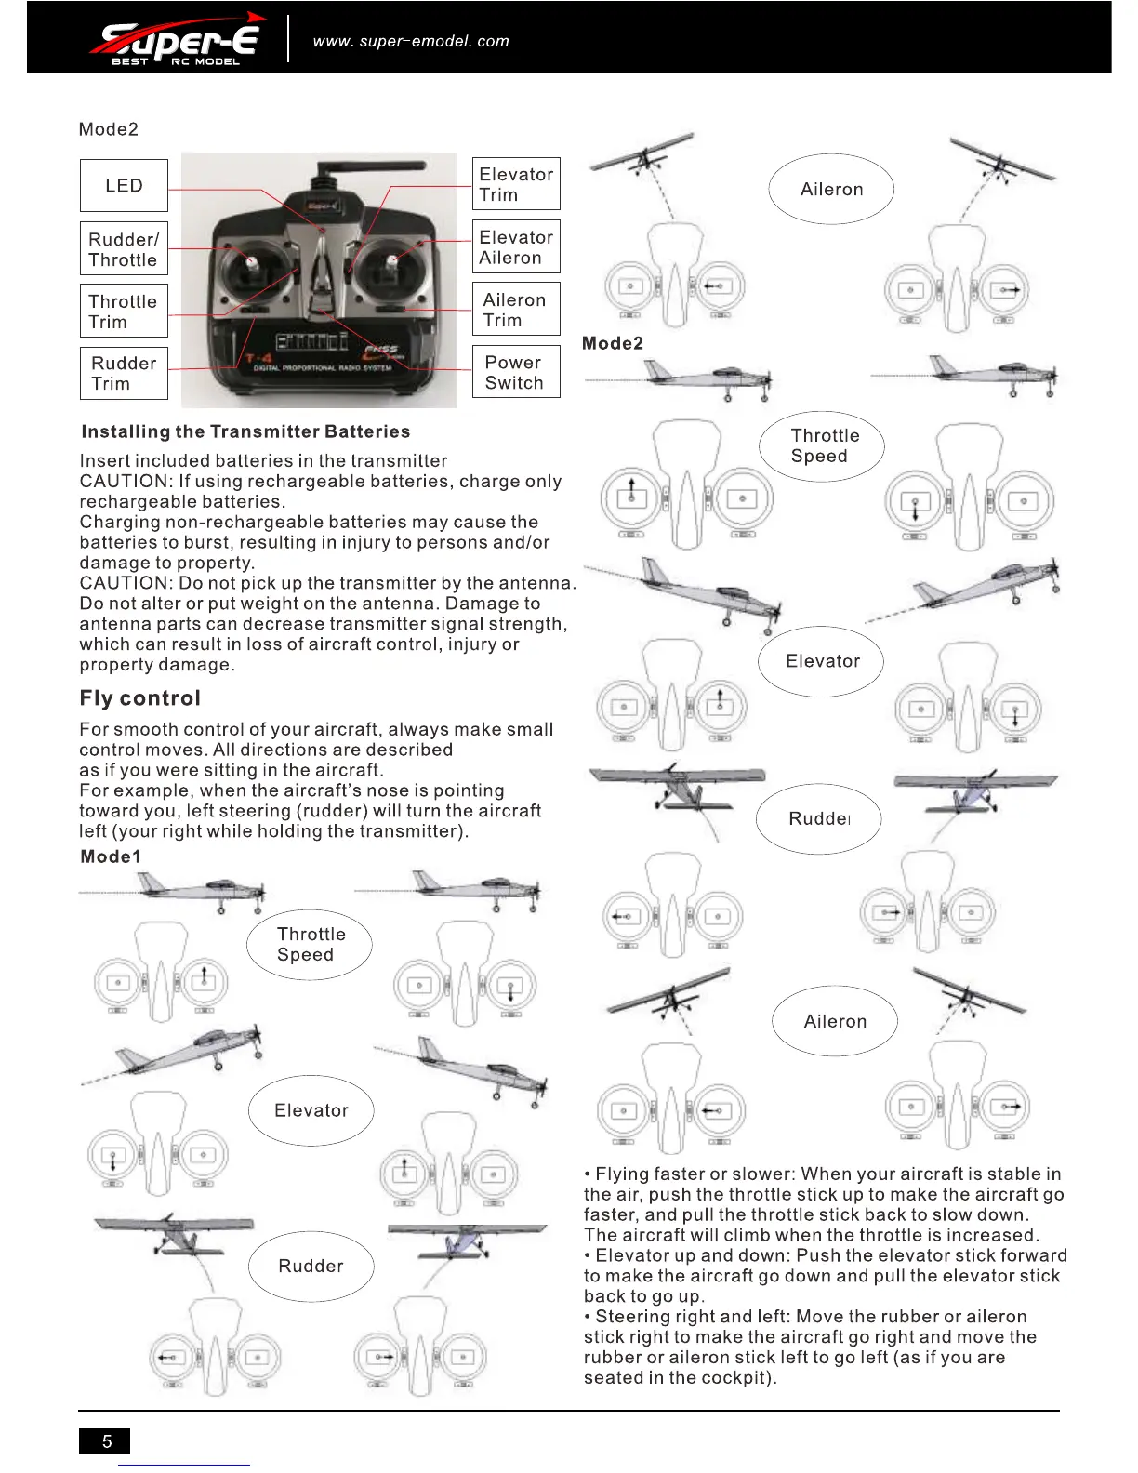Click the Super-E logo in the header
(177, 40)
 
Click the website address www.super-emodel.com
(411, 41)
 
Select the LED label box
(124, 186)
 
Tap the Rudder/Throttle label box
(124, 249)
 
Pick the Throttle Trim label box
(124, 312)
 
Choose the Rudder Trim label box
(124, 373)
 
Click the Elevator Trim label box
(516, 184)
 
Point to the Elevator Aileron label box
(516, 247)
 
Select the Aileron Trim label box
(516, 310)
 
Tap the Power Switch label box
(516, 372)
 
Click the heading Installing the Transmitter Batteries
(245, 431)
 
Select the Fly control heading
(139, 698)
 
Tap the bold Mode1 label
(111, 856)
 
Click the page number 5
(105, 1440)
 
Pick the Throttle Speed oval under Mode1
(310, 945)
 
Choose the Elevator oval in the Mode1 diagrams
(311, 1110)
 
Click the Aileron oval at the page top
(831, 190)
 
